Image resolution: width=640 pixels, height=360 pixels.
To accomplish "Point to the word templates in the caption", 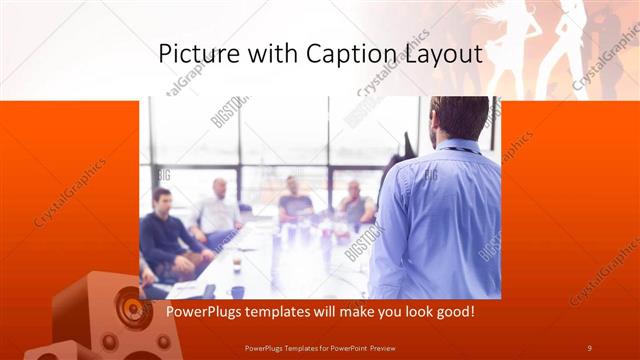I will click(285, 312).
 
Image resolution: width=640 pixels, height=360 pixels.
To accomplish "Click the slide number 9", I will click(590, 347).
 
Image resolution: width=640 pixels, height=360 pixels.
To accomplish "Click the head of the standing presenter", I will click(459, 118).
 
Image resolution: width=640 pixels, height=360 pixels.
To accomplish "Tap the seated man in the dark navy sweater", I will click(165, 235).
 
